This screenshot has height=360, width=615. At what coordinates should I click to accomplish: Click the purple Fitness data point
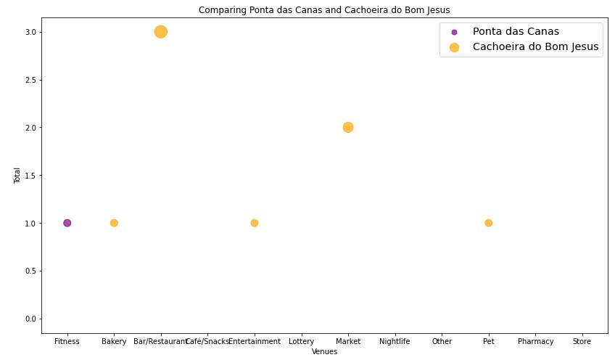tap(67, 223)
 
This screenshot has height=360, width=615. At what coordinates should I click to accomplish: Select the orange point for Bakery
tap(114, 223)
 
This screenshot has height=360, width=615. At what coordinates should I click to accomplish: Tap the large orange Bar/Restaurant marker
tap(161, 32)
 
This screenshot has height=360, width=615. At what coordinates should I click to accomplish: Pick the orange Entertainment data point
tap(255, 223)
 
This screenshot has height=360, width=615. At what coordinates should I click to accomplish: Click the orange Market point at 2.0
tap(348, 127)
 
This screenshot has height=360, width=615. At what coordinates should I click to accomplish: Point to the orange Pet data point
tap(489, 223)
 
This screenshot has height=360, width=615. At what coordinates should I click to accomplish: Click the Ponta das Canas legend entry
tap(516, 32)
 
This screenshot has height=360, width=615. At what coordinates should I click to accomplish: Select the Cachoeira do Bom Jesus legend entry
tap(535, 47)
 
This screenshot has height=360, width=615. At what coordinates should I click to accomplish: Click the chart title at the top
tap(324, 10)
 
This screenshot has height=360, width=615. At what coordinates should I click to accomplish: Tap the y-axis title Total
tap(17, 175)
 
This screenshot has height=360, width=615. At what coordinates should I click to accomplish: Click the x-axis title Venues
tap(324, 352)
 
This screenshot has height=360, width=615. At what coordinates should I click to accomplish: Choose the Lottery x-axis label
tap(301, 341)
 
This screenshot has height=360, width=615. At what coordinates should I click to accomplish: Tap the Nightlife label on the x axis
tap(395, 341)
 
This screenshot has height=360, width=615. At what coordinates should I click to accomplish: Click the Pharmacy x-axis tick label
tap(535, 341)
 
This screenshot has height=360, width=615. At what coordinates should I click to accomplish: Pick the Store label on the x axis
tap(582, 341)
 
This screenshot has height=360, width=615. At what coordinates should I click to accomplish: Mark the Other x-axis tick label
tap(442, 341)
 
